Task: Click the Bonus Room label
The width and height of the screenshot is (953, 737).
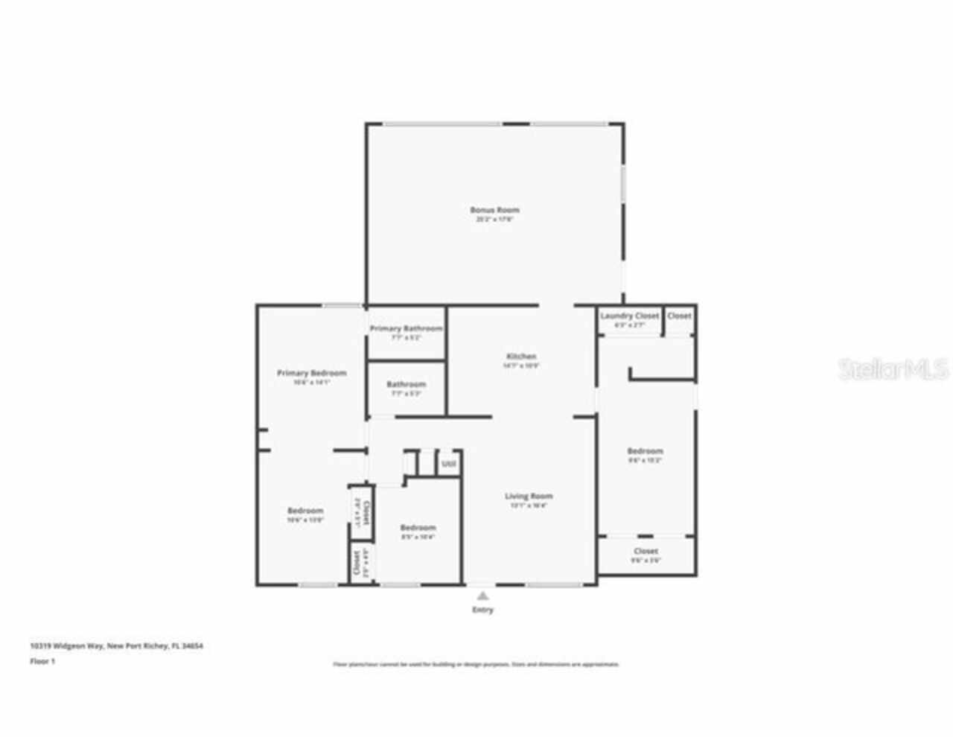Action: point(494,210)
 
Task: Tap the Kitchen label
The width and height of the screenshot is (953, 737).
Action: point(520,357)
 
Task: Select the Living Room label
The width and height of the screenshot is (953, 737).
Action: point(529,497)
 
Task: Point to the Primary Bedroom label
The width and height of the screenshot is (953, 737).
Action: point(311,373)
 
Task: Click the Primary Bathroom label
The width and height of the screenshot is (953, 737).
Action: point(406,328)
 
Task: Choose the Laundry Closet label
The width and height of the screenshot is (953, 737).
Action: point(629,316)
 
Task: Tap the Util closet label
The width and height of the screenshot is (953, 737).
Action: point(448,464)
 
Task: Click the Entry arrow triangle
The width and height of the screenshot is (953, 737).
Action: point(482,595)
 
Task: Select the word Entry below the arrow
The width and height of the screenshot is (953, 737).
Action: point(482,610)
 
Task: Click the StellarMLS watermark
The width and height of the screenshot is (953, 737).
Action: point(893,369)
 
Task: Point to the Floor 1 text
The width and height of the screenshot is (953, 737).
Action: point(42,661)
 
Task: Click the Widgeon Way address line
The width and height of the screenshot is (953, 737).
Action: point(116,646)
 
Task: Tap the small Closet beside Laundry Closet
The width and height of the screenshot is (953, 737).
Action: point(679,316)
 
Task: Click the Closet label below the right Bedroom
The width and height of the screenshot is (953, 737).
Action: point(646,551)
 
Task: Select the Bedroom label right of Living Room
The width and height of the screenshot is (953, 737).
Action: point(645,451)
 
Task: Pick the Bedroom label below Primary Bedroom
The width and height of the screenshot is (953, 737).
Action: point(305,511)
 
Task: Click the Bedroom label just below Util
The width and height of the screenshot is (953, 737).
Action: point(418,528)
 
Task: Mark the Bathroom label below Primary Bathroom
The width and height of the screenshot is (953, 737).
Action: point(406,385)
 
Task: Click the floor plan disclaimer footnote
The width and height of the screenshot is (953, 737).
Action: point(476,664)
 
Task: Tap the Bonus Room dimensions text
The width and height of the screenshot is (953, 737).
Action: point(494,220)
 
